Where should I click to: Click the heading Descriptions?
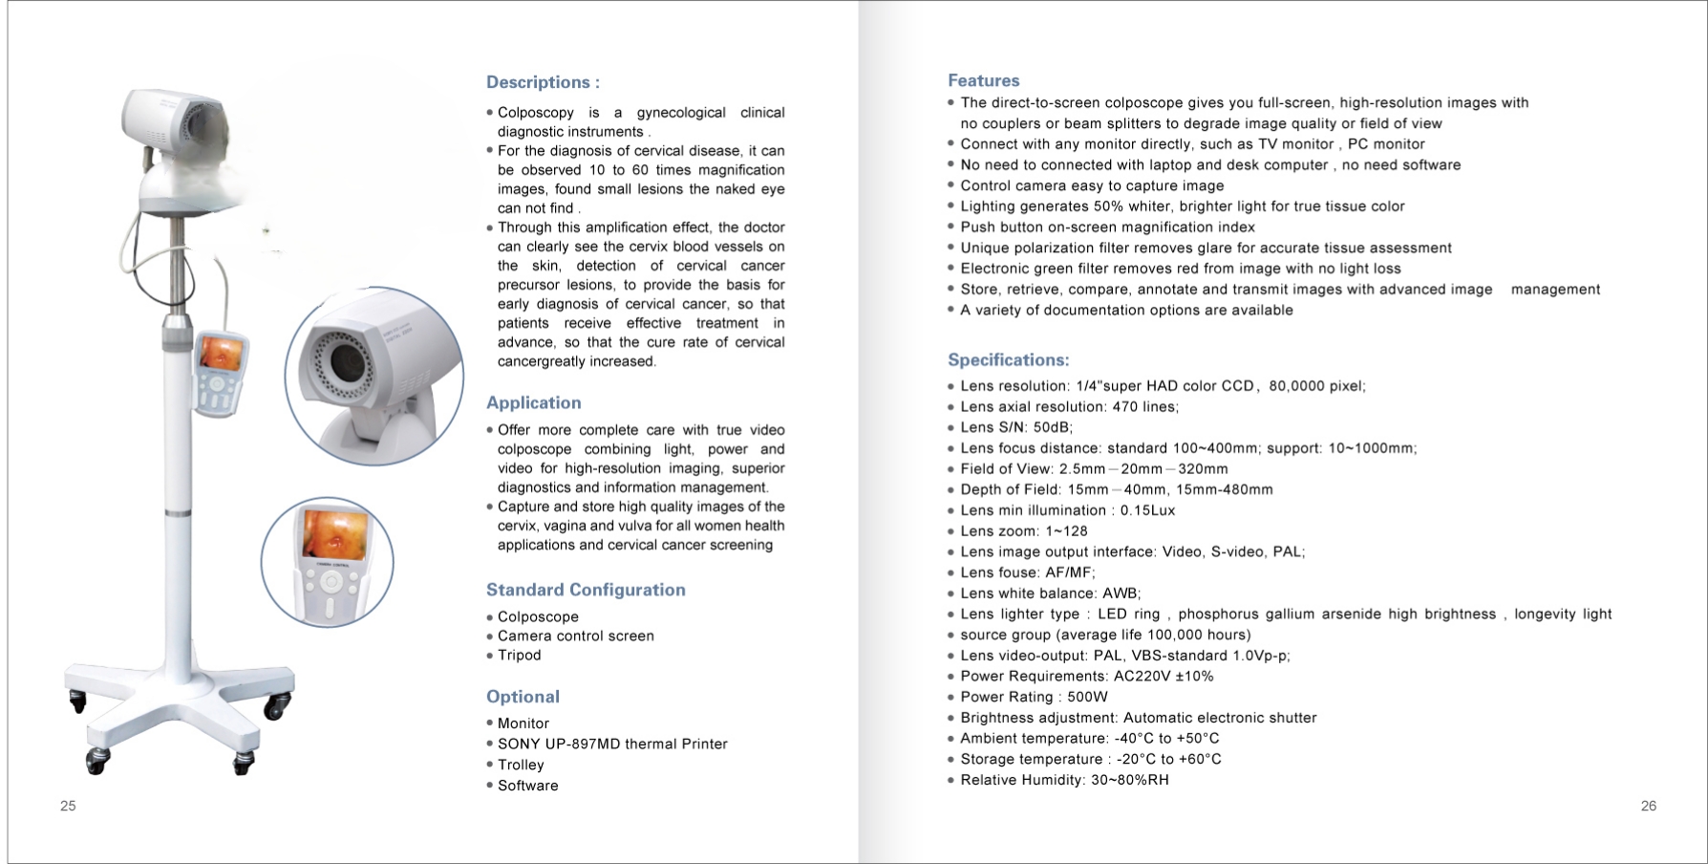click(543, 82)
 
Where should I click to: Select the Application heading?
click(533, 403)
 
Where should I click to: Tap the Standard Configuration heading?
click(586, 590)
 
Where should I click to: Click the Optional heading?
click(523, 697)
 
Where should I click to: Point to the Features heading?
click(983, 81)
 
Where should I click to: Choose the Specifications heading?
click(1008, 360)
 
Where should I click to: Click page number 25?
click(68, 806)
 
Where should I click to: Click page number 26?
click(1648, 806)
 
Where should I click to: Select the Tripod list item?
click(519, 655)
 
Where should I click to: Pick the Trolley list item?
click(521, 765)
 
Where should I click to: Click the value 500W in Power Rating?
click(1087, 697)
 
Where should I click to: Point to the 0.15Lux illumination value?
click(1147, 510)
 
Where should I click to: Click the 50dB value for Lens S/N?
click(1053, 427)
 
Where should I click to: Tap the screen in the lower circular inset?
click(333, 534)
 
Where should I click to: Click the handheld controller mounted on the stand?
click(220, 373)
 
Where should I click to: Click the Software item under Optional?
click(527, 786)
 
